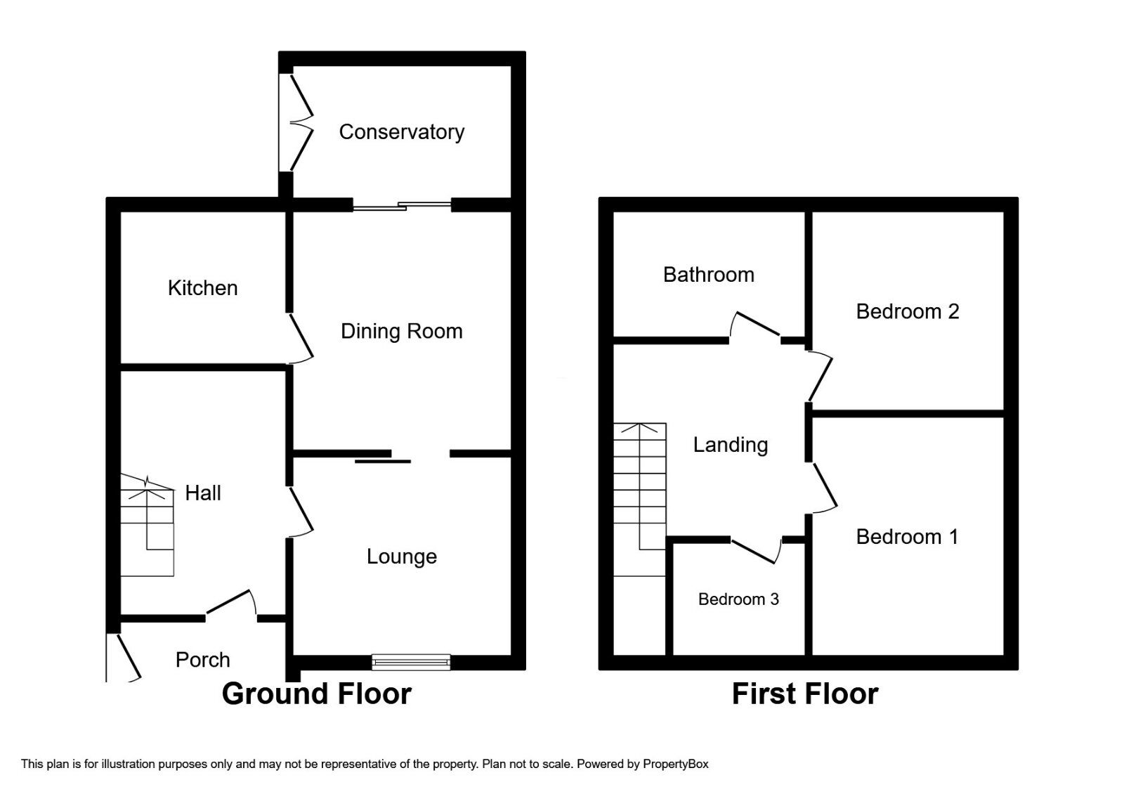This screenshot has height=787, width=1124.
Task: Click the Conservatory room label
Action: [401, 132]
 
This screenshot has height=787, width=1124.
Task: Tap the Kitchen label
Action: [202, 288]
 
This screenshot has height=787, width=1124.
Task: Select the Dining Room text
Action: [401, 332]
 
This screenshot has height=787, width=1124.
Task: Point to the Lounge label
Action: [401, 557]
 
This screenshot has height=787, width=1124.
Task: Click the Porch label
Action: [202, 660]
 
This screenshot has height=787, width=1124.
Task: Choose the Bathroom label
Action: [708, 275]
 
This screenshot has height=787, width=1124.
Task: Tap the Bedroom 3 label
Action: [738, 599]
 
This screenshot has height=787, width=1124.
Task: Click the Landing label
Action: [730, 445]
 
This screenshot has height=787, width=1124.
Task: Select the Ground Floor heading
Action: [316, 694]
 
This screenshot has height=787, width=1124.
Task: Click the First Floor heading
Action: [804, 694]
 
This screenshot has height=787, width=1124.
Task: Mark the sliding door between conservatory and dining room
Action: [402, 206]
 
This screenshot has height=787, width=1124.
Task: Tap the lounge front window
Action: [411, 661]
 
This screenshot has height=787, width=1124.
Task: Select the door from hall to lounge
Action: [301, 513]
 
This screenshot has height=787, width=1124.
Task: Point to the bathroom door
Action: [754, 327]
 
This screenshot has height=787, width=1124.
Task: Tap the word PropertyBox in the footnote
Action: [675, 764]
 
